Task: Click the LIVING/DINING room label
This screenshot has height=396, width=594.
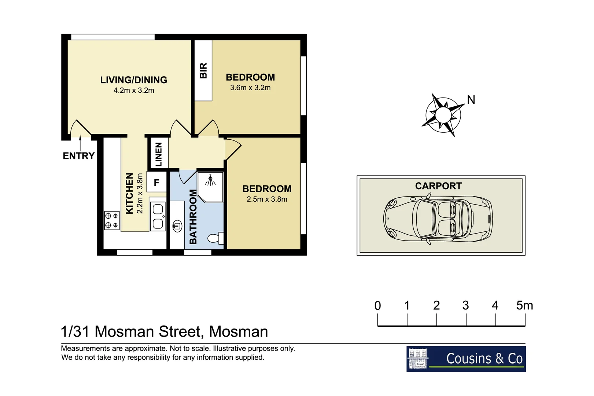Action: (x=134, y=80)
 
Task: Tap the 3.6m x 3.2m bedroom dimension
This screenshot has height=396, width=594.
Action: (x=250, y=88)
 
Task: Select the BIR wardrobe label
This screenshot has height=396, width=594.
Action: (x=203, y=70)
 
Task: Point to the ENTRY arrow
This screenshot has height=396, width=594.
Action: (x=80, y=142)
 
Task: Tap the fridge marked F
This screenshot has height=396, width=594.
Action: (x=156, y=182)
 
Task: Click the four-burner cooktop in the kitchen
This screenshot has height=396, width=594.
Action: (x=112, y=220)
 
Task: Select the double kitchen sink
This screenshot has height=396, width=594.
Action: (x=158, y=216)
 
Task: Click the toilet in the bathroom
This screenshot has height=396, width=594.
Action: (x=215, y=238)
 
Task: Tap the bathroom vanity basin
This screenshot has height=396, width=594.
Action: (x=177, y=226)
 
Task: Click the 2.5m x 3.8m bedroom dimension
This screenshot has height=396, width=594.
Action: (x=267, y=199)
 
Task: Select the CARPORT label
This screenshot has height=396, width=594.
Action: (x=438, y=186)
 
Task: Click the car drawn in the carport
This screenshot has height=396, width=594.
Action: (x=438, y=219)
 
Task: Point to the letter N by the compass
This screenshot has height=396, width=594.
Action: (x=471, y=100)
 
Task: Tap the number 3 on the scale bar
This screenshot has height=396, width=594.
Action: (x=465, y=305)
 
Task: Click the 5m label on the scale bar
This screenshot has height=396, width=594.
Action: (x=524, y=305)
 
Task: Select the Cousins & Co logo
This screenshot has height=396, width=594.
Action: (x=466, y=359)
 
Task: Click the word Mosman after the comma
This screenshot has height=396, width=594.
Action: (x=238, y=332)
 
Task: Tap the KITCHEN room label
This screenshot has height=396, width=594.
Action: (x=129, y=193)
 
